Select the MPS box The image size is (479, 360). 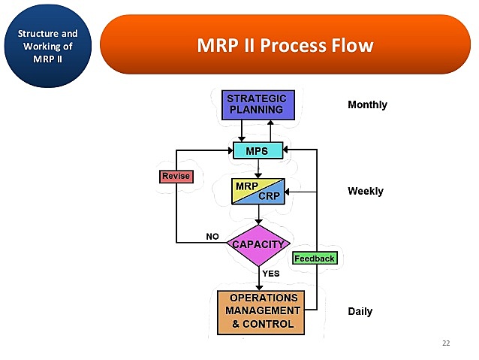coord(258,150)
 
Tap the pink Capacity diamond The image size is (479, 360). coord(258,244)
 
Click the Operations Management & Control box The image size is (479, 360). coord(261,312)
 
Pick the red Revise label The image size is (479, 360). coord(176,177)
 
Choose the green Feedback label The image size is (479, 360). coord(314,258)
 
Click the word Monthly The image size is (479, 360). coord(367,104)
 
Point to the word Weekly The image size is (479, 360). coord(365,191)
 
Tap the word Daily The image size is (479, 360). coord(360,311)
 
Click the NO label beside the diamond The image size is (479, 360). coord(212,236)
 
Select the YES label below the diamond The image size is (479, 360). coord(271,274)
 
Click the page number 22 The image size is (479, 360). coord(446,343)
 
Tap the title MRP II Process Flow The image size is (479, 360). coord(285,45)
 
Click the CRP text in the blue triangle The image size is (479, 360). coord(269,196)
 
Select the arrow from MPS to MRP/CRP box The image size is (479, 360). coord(258,167)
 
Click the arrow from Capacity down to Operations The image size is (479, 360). coord(259,278)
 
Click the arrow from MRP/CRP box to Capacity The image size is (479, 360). coord(258,215)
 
